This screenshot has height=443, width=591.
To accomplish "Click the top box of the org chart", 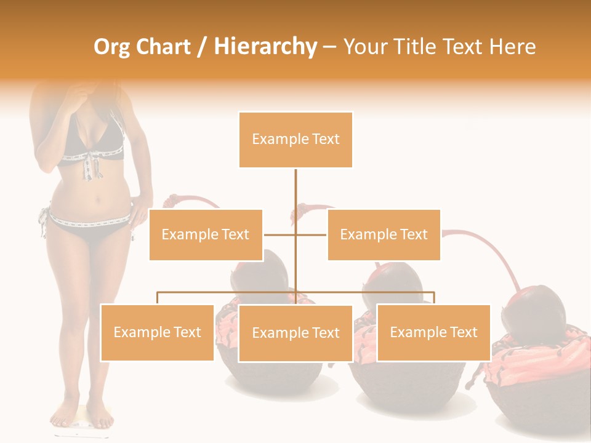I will tap(295, 139).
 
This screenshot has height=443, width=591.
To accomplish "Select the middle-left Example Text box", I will tap(206, 234).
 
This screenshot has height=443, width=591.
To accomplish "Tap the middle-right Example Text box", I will tap(384, 234).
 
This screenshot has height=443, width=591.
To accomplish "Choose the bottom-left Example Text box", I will tap(157, 332).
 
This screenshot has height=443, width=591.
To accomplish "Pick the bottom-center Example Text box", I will tap(295, 333).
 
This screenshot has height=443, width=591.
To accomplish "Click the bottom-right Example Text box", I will tap(433, 332).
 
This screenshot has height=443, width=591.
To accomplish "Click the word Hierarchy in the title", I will tap(265, 47).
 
